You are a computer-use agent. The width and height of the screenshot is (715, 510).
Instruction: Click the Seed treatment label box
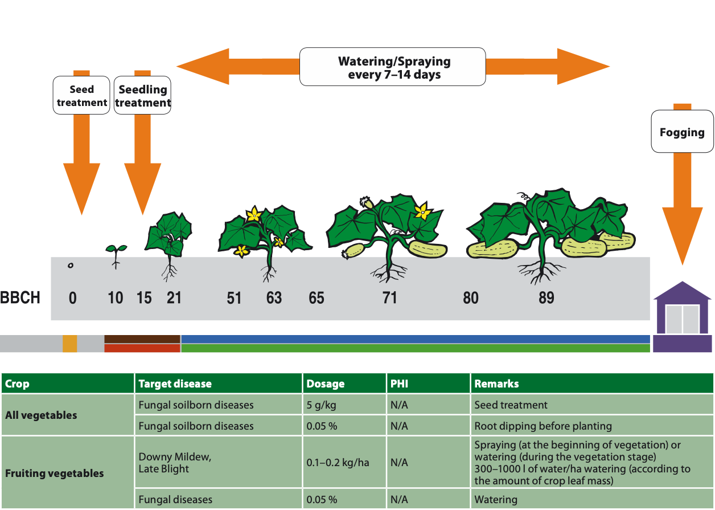click(81, 96)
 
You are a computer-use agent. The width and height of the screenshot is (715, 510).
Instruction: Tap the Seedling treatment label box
click(142, 96)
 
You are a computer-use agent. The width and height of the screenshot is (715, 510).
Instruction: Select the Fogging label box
click(682, 132)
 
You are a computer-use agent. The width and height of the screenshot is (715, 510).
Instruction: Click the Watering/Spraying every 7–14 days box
click(393, 67)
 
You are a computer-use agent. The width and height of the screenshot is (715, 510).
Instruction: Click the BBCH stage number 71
click(389, 298)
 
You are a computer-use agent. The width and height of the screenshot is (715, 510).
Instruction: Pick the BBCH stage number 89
click(546, 298)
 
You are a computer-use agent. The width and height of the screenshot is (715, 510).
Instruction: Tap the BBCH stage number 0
click(72, 298)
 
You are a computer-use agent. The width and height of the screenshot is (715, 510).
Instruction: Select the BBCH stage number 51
click(234, 298)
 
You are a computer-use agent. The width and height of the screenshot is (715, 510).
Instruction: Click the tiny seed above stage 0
click(70, 266)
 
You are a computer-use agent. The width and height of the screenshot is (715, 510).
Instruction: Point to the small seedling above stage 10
click(116, 254)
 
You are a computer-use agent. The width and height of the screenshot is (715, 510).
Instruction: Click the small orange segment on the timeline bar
click(69, 344)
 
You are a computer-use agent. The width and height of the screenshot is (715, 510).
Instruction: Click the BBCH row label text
click(20, 298)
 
